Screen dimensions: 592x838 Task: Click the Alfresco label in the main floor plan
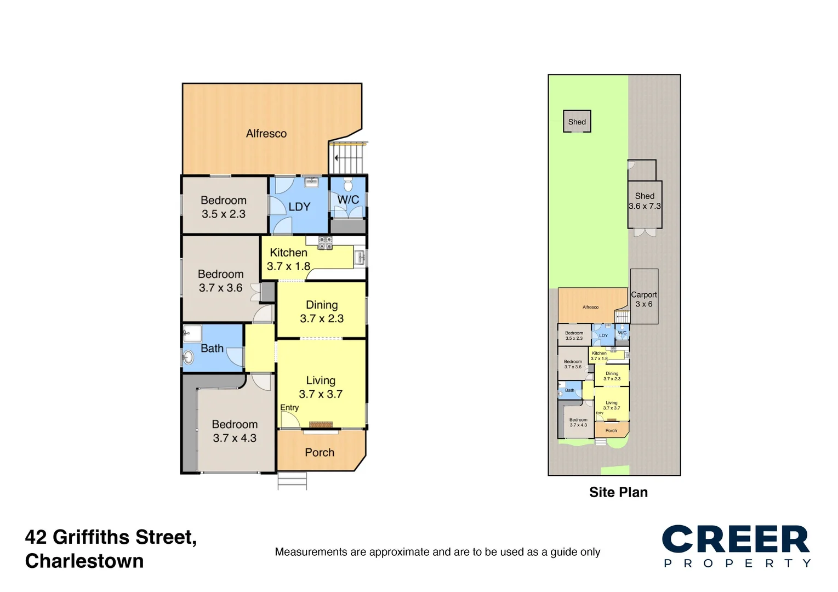(266, 133)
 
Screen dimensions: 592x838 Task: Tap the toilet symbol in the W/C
(348, 184)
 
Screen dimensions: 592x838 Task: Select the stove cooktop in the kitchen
(325, 243)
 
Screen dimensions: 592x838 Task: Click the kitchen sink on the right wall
(360, 258)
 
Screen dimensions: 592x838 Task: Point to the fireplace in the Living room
(321, 424)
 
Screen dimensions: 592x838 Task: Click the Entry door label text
(289, 407)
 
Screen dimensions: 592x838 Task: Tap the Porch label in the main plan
(320, 452)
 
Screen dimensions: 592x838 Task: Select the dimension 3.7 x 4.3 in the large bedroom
(235, 438)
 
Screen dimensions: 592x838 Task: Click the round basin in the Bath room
(188, 357)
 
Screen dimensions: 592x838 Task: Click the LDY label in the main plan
(299, 207)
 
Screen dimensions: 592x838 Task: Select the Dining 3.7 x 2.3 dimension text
(322, 318)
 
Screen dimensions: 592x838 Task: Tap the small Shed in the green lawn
(577, 121)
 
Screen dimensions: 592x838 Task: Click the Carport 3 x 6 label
(644, 299)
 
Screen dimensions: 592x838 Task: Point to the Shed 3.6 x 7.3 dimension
(645, 206)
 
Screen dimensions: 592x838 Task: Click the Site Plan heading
(618, 492)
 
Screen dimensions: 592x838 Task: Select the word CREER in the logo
(736, 539)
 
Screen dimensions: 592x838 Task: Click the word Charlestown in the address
(84, 561)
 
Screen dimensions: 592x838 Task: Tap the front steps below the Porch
(292, 480)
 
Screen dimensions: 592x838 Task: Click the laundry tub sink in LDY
(311, 182)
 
